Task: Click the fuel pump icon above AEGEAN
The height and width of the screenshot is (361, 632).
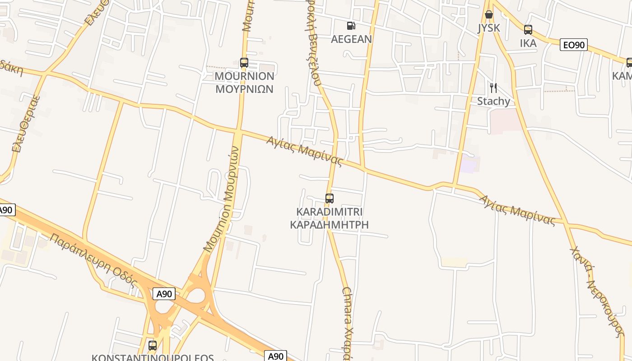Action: [351, 26]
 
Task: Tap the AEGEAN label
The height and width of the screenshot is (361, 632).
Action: [351, 39]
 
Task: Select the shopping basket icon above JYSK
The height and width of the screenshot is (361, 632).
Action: [488, 15]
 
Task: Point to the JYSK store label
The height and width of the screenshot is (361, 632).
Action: [489, 28]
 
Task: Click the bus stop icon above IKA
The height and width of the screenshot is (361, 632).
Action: [528, 30]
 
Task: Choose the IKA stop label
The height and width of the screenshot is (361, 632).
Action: [528, 43]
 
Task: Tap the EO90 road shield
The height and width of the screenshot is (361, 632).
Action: [573, 45]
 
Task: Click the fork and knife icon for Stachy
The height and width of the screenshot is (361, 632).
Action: [493, 88]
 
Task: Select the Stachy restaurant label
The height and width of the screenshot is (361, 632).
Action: [493, 101]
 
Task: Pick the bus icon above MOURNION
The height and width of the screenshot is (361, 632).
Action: [244, 63]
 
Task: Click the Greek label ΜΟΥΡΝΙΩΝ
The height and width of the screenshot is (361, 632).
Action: [244, 89]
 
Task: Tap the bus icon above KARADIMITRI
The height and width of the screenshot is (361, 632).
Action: [329, 198]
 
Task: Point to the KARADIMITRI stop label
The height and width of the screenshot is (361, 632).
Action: [330, 212]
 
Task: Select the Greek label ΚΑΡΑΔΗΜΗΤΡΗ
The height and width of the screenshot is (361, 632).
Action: [329, 225]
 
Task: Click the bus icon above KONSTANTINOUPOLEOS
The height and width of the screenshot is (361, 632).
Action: [153, 346]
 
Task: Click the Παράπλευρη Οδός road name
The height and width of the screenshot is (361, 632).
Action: [93, 260]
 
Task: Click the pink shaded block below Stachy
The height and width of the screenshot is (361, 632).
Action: [505, 121]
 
